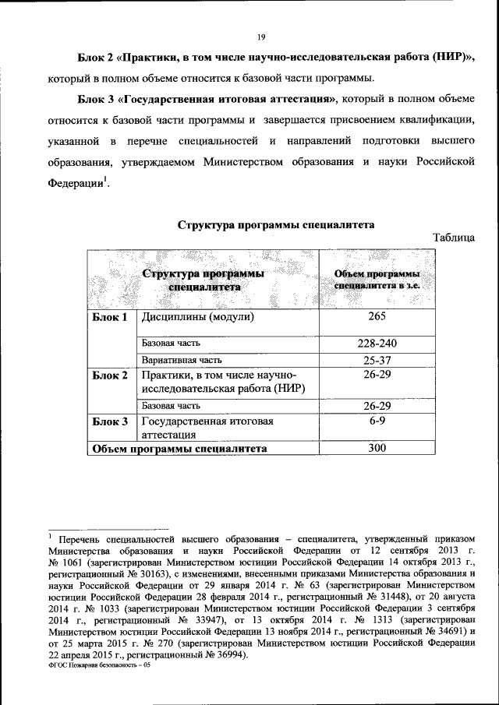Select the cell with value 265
377,318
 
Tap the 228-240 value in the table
377,344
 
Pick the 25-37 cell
377,361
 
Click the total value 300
377,449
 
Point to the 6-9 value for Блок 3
377,421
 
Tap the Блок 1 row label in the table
109,318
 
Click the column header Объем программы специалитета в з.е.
377,280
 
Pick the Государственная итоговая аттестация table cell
207,428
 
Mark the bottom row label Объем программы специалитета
180,449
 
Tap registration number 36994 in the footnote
226,655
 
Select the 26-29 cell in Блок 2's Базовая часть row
377,406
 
